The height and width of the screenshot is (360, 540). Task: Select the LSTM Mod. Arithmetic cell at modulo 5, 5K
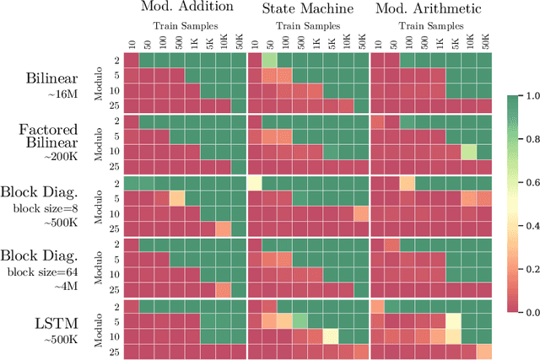click(x=454, y=320)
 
